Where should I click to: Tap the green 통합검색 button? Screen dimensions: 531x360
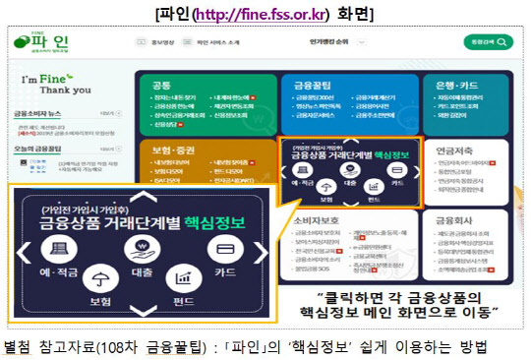(487, 43)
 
